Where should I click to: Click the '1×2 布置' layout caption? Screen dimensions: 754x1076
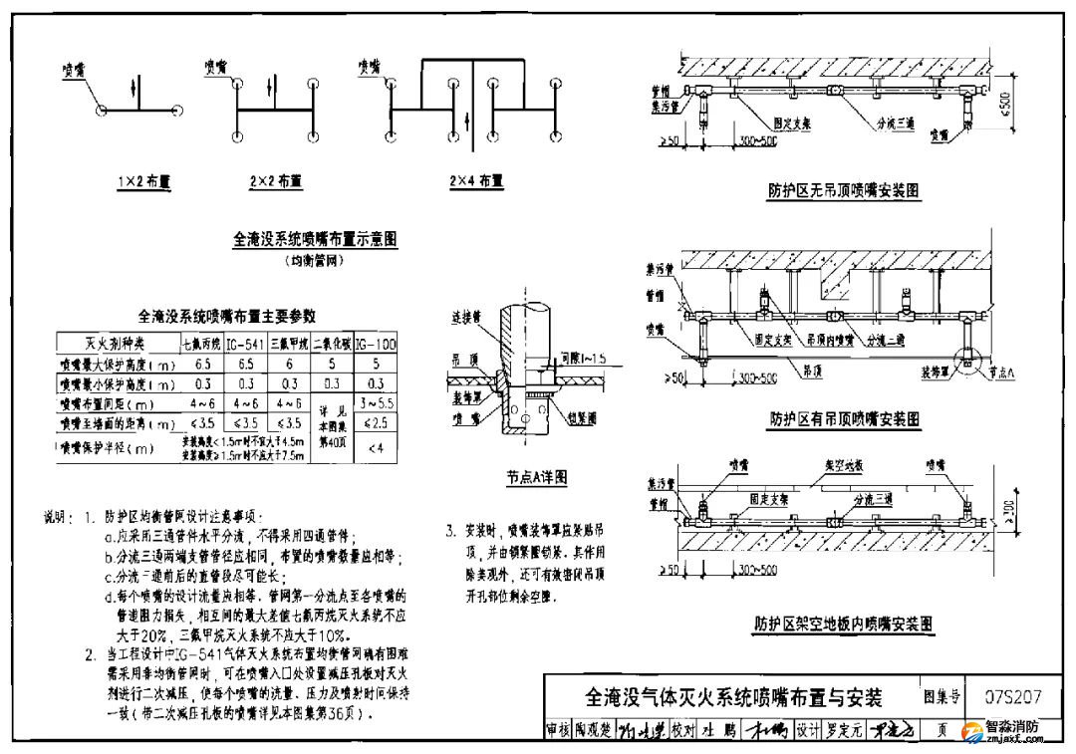click(x=144, y=182)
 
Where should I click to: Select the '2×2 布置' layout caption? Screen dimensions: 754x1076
click(x=276, y=182)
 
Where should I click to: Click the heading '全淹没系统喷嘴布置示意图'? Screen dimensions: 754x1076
click(x=315, y=240)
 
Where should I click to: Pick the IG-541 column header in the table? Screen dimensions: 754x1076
click(x=244, y=345)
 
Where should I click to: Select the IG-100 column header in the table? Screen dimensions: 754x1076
click(x=376, y=345)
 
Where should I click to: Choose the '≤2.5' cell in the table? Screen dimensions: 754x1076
click(x=376, y=424)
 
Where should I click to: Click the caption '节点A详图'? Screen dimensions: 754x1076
click(x=536, y=478)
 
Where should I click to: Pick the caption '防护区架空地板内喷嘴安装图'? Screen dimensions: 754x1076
click(x=843, y=625)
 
